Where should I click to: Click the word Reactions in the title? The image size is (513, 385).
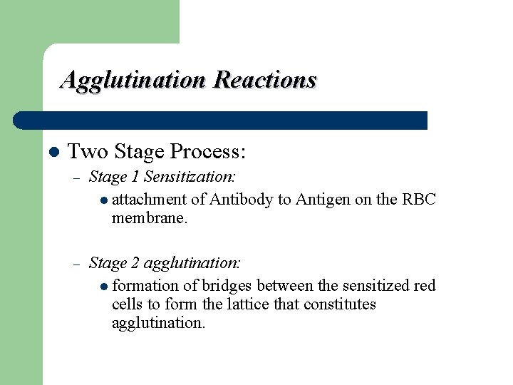tap(264, 79)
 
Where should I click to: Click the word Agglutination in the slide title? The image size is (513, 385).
tap(134, 80)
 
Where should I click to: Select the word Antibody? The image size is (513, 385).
tap(242, 200)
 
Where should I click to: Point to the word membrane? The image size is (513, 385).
tap(149, 218)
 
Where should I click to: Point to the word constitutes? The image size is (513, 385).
tap(340, 304)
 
